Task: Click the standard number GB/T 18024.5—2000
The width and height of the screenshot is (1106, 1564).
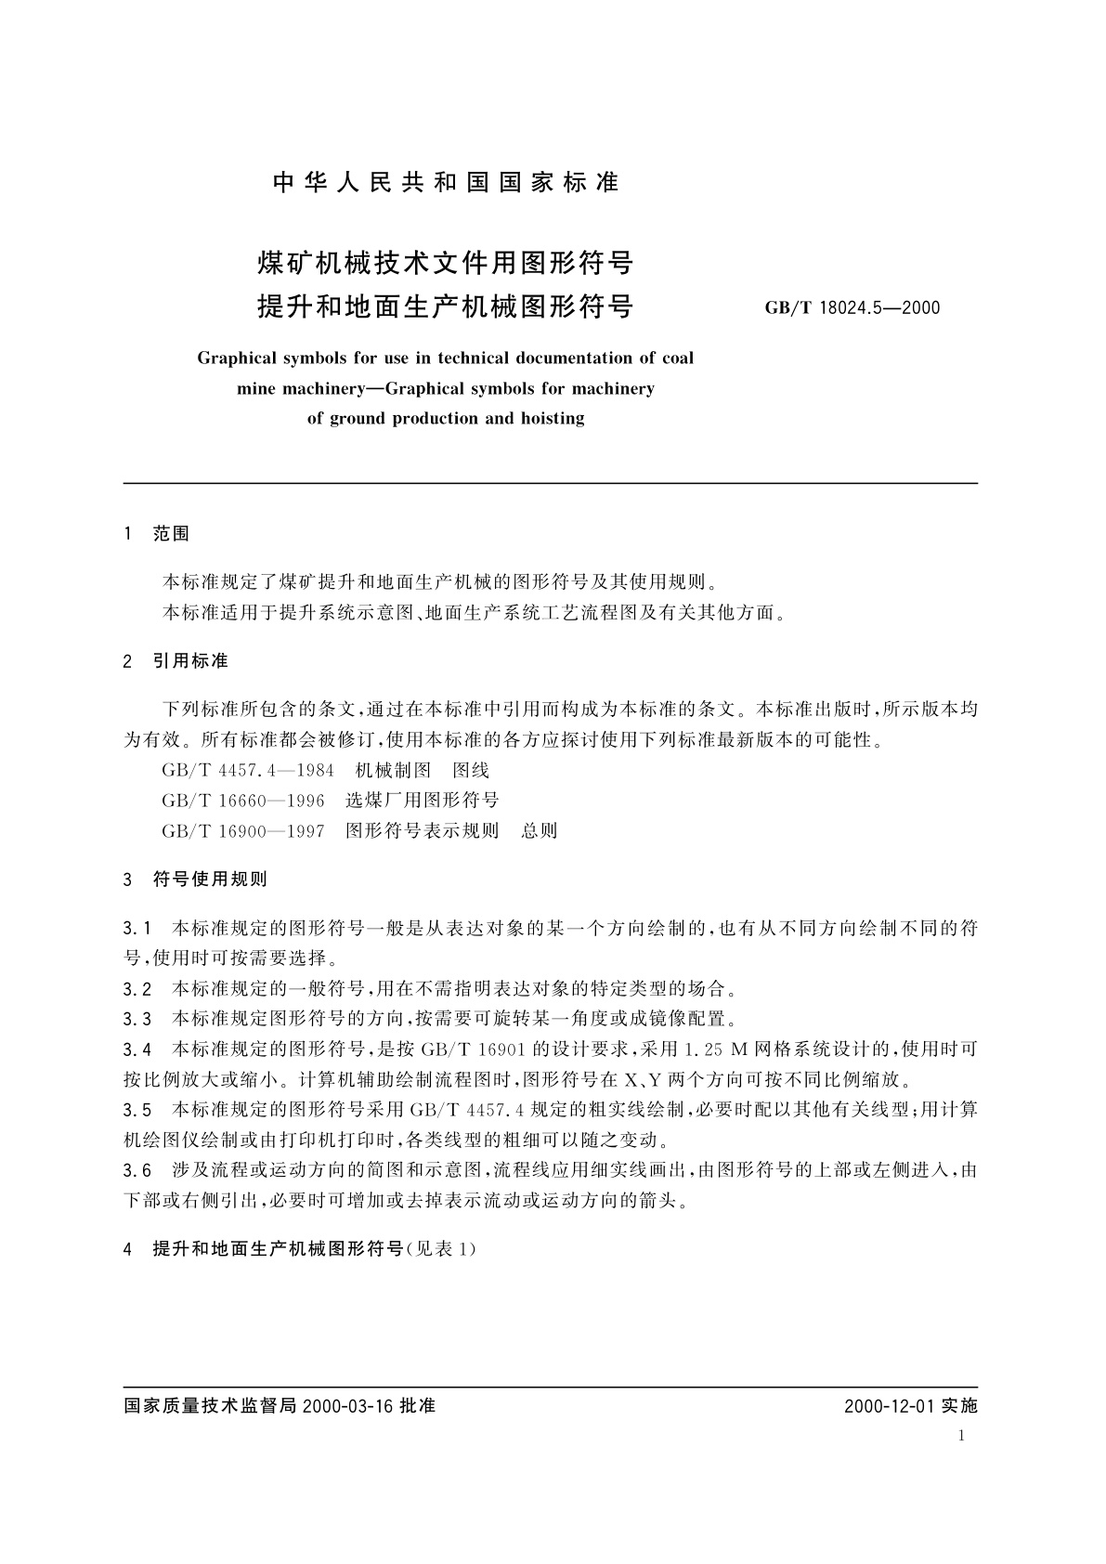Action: pyautogui.click(x=852, y=307)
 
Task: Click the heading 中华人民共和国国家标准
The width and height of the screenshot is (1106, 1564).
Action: pyautogui.click(x=446, y=183)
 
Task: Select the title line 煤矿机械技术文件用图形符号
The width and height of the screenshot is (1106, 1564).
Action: pyautogui.click(x=445, y=264)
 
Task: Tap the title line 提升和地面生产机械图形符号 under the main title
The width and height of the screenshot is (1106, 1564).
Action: pyautogui.click(x=445, y=306)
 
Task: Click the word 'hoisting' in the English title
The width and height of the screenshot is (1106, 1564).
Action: pyautogui.click(x=552, y=418)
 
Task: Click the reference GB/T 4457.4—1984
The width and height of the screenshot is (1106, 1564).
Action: pyautogui.click(x=248, y=770)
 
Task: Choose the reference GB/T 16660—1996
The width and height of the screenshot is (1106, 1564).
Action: pyautogui.click(x=243, y=801)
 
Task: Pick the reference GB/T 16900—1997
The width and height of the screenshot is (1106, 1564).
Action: pyautogui.click(x=243, y=830)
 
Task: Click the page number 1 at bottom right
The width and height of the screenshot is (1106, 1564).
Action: pyautogui.click(x=960, y=1436)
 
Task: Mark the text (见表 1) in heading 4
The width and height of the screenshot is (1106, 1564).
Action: pyautogui.click(x=442, y=1249)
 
